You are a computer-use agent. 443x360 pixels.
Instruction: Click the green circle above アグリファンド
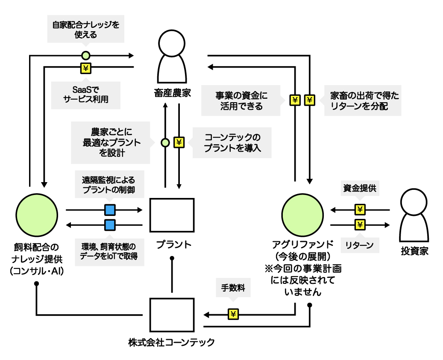coord(303,214)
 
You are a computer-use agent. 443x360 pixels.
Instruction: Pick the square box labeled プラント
coord(172,215)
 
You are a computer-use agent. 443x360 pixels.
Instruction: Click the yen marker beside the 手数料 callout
coord(233,315)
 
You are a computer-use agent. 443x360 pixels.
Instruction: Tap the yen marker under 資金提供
coord(360,210)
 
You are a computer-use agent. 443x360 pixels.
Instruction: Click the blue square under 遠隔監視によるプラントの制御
coord(110,210)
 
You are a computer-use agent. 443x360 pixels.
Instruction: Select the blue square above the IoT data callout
coord(110,225)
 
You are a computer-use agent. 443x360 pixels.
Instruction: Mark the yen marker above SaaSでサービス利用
coord(86,67)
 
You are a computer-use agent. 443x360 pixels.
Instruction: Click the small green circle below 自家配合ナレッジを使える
coord(86,55)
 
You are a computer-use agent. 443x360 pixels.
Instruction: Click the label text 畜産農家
coord(172,92)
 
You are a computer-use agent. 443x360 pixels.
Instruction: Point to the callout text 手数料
coord(233,288)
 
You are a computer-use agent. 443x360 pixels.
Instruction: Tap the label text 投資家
coord(414,252)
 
